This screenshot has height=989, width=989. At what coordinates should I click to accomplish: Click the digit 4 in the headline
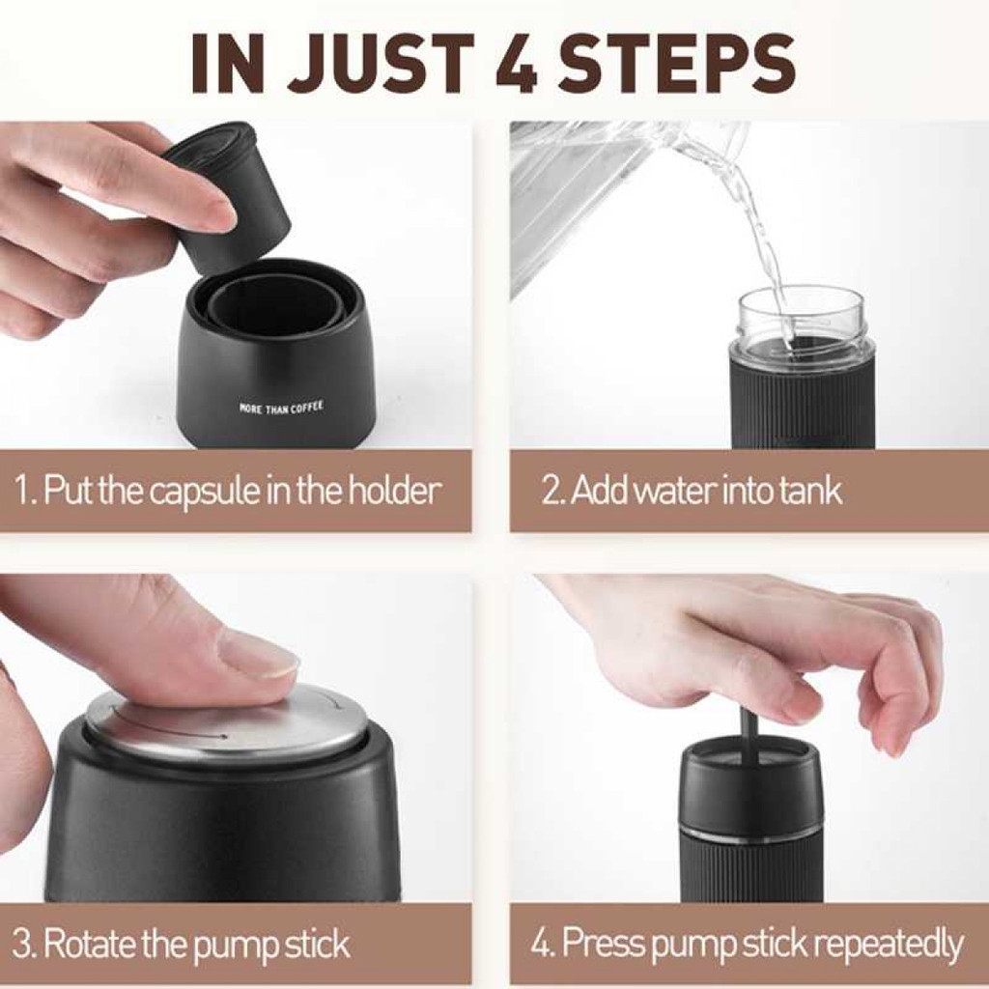[516, 63]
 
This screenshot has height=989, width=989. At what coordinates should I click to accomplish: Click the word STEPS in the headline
[676, 63]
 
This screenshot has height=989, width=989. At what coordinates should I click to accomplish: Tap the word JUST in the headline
[380, 63]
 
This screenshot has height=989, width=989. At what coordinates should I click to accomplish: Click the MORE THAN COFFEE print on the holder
[281, 408]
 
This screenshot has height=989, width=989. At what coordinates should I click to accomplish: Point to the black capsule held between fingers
[228, 199]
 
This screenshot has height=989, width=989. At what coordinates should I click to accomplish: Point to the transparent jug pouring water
[625, 202]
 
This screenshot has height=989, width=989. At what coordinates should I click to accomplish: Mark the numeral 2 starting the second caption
[550, 492]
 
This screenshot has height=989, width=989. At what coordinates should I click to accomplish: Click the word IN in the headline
[227, 63]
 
